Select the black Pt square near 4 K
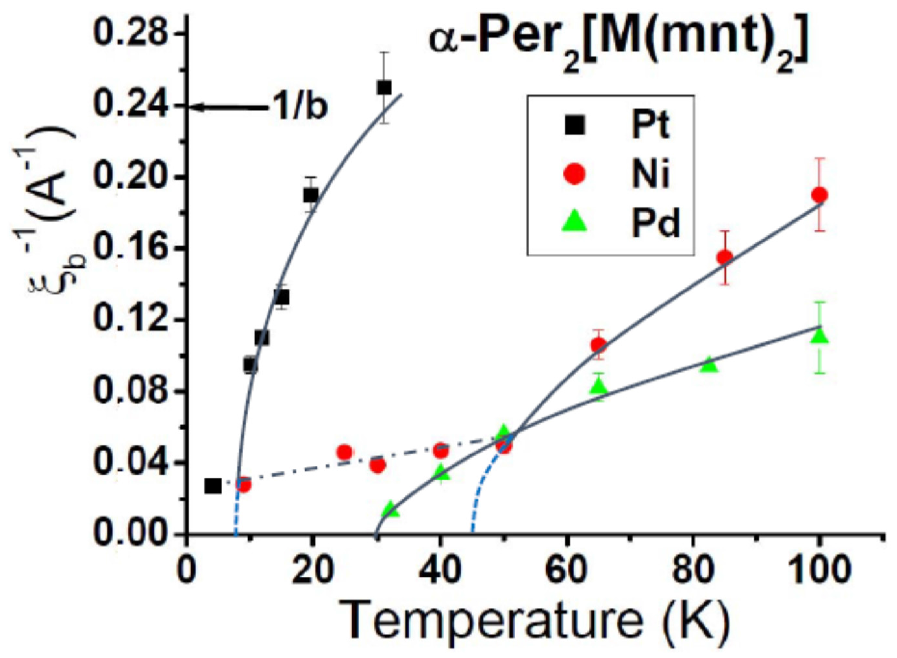coord(213,486)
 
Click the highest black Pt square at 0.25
coord(384,88)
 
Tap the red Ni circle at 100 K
coord(819,195)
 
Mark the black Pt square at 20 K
coord(311,195)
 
